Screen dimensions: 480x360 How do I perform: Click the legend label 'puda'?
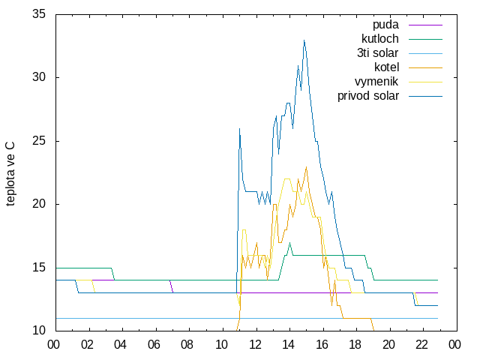tap(385, 25)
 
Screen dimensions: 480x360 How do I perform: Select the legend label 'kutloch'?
tap(380, 39)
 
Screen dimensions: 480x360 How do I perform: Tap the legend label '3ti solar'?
tap(377, 53)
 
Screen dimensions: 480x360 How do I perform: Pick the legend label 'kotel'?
tap(386, 67)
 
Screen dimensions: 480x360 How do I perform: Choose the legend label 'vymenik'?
tap(376, 82)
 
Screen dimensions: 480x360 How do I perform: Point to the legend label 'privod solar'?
tap(368, 96)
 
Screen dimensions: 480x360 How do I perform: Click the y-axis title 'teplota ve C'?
tap(10, 173)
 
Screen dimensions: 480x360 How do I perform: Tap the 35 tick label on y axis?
tap(39, 13)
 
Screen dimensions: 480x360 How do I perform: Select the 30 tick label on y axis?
tap(39, 77)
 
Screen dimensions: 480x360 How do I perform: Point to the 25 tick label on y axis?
tap(39, 141)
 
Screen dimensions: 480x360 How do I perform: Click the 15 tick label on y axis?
tap(39, 268)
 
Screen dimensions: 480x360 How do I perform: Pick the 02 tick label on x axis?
tap(87, 345)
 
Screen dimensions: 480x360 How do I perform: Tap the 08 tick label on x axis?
tap(187, 345)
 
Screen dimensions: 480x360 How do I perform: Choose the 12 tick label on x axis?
tap(255, 345)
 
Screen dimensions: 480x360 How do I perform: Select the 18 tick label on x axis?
tap(355, 345)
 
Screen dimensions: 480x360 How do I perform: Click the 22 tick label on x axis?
tap(421, 345)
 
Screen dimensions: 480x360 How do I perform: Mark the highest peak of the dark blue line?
tap(304, 40)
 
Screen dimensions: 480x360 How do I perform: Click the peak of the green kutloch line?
tap(289, 243)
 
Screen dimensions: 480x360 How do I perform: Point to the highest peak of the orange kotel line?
tap(306, 166)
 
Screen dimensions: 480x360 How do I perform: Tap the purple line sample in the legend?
tap(425, 25)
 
